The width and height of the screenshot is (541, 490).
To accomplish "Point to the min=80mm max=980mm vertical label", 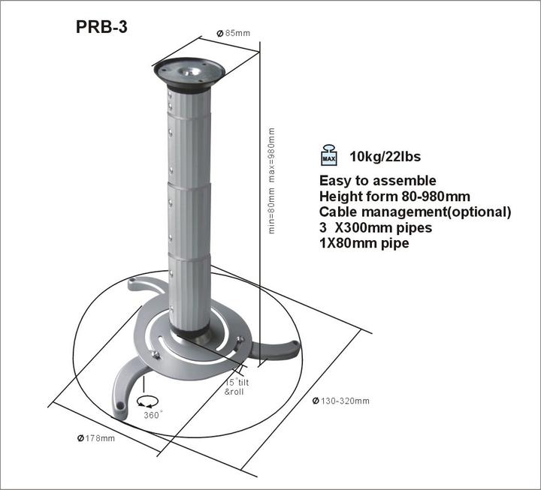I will [x=271, y=180].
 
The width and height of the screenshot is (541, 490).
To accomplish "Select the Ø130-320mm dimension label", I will [x=341, y=401].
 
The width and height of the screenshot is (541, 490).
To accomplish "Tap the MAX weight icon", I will [x=329, y=155].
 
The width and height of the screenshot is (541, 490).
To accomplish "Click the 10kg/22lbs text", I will [x=385, y=158].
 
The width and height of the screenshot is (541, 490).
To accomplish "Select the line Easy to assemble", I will [x=377, y=181].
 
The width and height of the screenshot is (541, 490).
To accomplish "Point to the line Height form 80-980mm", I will [x=394, y=197].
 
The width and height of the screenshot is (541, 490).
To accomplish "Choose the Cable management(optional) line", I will [x=415, y=212].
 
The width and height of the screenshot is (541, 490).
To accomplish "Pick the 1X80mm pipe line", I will [x=364, y=244].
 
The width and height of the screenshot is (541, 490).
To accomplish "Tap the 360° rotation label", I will [x=153, y=415].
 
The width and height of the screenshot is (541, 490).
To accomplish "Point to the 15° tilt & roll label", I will [x=239, y=387].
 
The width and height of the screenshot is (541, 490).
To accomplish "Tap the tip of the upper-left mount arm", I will [x=134, y=284].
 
